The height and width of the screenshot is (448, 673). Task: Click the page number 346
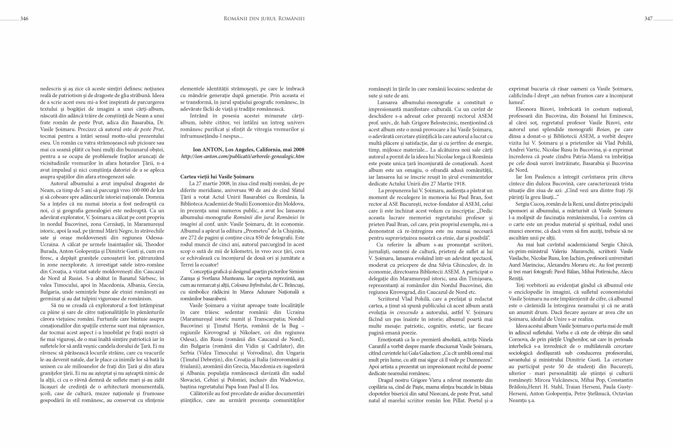(x=24, y=18)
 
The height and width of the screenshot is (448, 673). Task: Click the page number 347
(x=648, y=18)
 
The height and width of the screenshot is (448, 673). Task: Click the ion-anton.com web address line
(x=243, y=156)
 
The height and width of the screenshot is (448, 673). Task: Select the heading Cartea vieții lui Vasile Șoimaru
(x=217, y=177)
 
